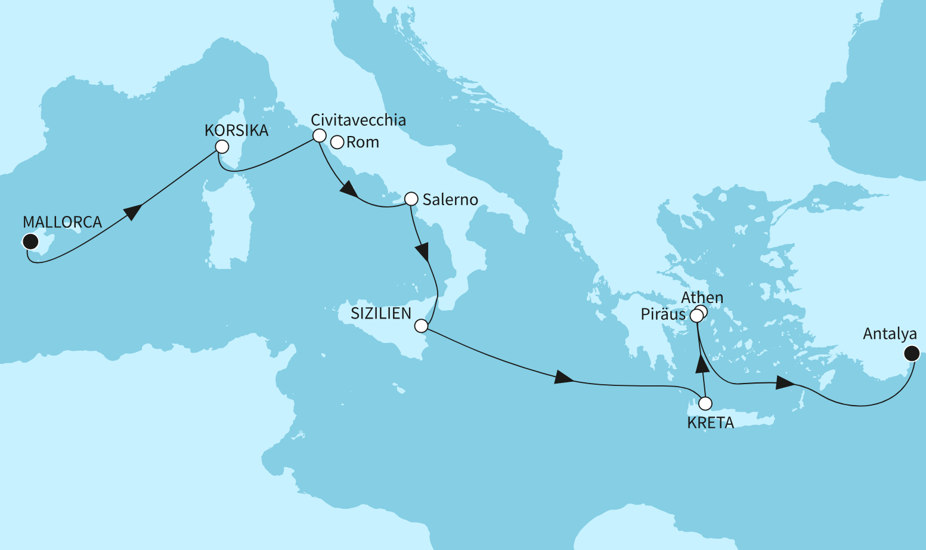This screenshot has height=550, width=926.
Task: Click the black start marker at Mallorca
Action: click(30, 242)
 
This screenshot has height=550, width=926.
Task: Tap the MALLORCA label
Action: click(63, 222)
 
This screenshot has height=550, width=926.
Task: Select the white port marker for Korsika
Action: click(222, 147)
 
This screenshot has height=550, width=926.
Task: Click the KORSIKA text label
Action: click(236, 131)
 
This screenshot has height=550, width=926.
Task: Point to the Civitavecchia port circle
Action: click(320, 135)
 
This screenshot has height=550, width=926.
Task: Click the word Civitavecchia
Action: click(358, 120)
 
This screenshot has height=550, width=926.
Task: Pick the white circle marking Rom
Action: click(337, 143)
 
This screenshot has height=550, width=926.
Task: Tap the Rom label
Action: click(363, 143)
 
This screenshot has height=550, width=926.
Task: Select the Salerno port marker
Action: click(411, 199)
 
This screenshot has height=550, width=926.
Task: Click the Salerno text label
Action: click(450, 200)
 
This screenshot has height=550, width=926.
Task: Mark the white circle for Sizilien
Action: click(421, 326)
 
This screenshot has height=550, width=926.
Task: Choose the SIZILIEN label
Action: click(380, 314)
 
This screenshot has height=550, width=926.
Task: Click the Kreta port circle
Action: click(705, 403)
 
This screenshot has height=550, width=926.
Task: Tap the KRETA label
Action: click(710, 423)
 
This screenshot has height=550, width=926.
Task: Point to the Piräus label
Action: click(662, 314)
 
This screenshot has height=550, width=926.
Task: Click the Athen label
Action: click(702, 298)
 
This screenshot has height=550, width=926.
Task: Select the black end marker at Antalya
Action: click(911, 354)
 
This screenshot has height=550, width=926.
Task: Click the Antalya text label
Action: click(890, 334)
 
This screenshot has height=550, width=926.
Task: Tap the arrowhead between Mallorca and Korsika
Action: click(132, 212)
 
